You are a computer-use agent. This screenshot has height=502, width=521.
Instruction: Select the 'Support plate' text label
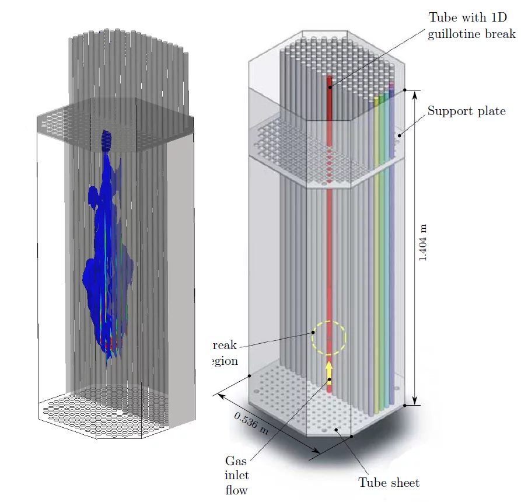tap(466, 111)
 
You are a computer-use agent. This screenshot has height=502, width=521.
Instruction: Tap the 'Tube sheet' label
tap(389, 483)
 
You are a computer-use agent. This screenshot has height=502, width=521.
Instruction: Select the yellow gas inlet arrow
tap(329, 370)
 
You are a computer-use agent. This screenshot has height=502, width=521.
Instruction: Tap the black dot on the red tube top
tap(329, 88)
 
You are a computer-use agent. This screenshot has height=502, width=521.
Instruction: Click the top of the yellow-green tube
tap(377, 100)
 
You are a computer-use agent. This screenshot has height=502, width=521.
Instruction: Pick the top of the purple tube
tap(391, 88)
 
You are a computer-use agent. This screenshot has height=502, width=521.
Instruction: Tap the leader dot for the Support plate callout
tap(400, 135)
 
